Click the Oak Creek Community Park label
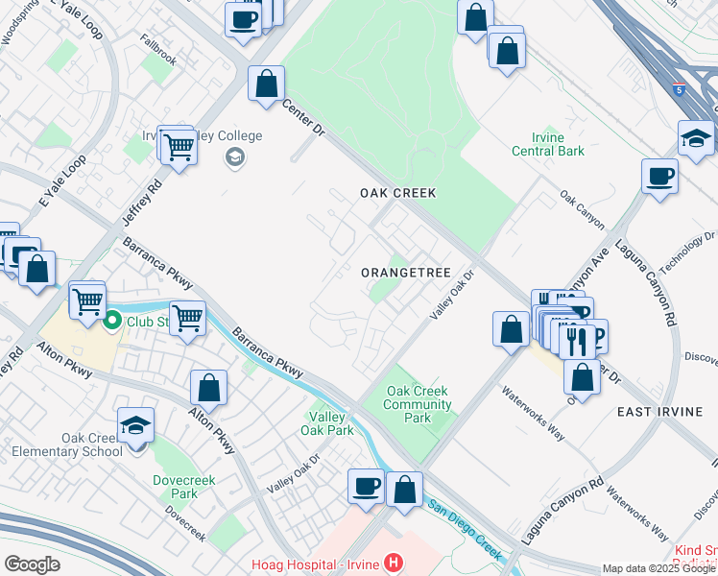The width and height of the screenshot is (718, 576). pyautogui.click(x=419, y=404)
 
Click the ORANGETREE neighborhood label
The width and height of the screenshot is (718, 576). pyautogui.click(x=405, y=273)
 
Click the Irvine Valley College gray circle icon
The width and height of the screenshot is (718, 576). pyautogui.click(x=233, y=157)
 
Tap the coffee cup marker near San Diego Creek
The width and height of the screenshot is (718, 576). pyautogui.click(x=366, y=487)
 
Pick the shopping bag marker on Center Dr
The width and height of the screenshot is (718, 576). pyautogui.click(x=267, y=84)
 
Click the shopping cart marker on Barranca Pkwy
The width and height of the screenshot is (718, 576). pyautogui.click(x=188, y=318)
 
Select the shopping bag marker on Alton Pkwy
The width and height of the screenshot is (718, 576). pyautogui.click(x=208, y=389)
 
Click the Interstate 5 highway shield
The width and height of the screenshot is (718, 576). pyautogui.click(x=680, y=89)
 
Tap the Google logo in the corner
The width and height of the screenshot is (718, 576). pyautogui.click(x=32, y=564)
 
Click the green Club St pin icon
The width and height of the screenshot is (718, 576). pyautogui.click(x=111, y=322)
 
